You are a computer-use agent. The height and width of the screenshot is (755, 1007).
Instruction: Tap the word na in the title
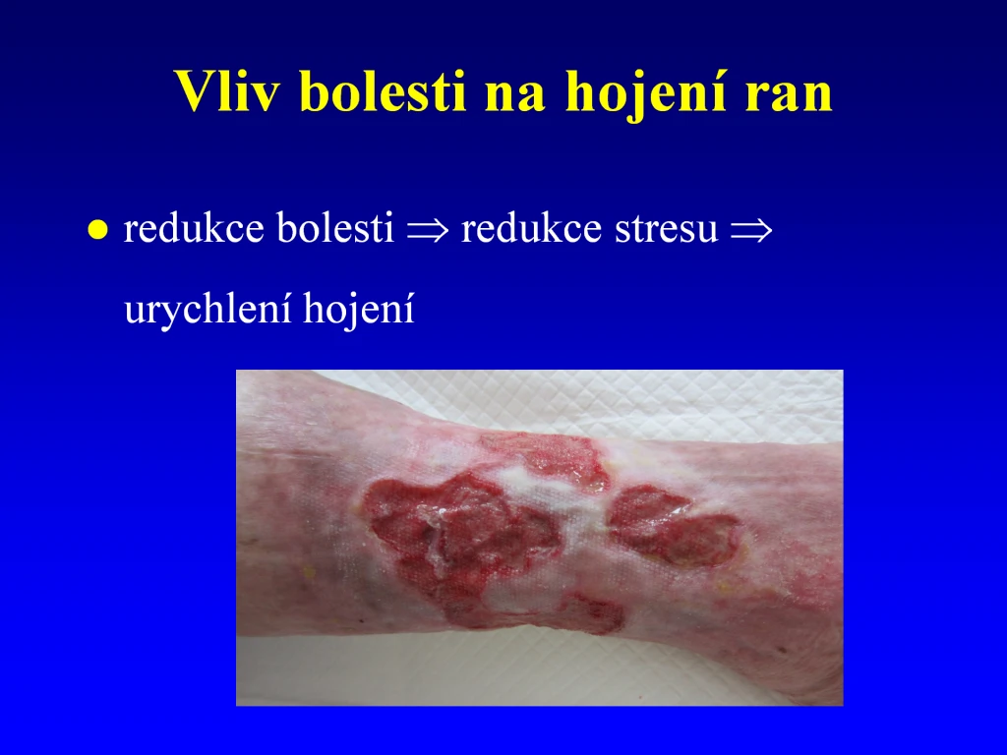point(515,96)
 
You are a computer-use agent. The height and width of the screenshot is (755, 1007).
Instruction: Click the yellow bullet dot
point(97,229)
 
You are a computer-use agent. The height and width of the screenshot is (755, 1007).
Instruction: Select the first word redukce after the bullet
point(194,227)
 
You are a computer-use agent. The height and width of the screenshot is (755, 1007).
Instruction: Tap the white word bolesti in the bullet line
point(335,227)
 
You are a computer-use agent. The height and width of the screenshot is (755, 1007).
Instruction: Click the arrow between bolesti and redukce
point(428,230)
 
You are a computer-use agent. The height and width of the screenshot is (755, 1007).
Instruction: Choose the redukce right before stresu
point(532,227)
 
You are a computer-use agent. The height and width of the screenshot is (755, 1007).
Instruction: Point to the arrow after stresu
point(750,230)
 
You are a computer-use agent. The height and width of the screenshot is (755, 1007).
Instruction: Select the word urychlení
point(207,309)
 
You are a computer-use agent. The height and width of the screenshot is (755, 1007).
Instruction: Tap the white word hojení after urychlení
point(359,309)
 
